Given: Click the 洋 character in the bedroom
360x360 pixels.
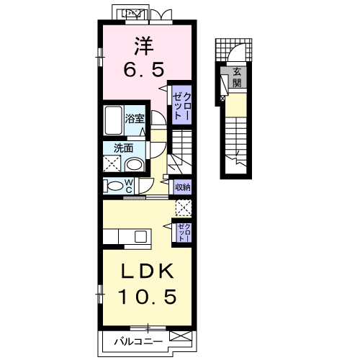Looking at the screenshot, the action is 144,45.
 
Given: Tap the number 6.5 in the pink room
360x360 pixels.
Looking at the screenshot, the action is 144,69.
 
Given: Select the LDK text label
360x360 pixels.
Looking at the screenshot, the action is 148,271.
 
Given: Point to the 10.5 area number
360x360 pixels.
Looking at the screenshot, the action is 148,297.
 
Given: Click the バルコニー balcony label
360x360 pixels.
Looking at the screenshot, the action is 138,341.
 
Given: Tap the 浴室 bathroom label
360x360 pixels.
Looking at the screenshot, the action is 135,119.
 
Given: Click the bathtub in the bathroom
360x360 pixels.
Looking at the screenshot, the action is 113,120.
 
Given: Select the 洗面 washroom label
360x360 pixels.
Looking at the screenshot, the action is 123,148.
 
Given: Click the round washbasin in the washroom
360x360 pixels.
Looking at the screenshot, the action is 135,165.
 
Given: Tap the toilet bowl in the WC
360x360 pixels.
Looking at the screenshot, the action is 114,186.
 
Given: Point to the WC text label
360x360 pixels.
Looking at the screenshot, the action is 129,186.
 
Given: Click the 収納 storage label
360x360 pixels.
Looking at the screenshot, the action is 183,187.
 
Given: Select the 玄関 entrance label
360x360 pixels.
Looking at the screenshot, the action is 237,77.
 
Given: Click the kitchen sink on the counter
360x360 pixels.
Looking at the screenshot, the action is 140,236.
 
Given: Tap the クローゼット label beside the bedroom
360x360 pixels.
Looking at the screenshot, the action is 182,106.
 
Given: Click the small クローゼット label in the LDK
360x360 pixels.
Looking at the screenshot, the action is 185,233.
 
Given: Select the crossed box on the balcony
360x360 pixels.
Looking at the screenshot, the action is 181,336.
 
